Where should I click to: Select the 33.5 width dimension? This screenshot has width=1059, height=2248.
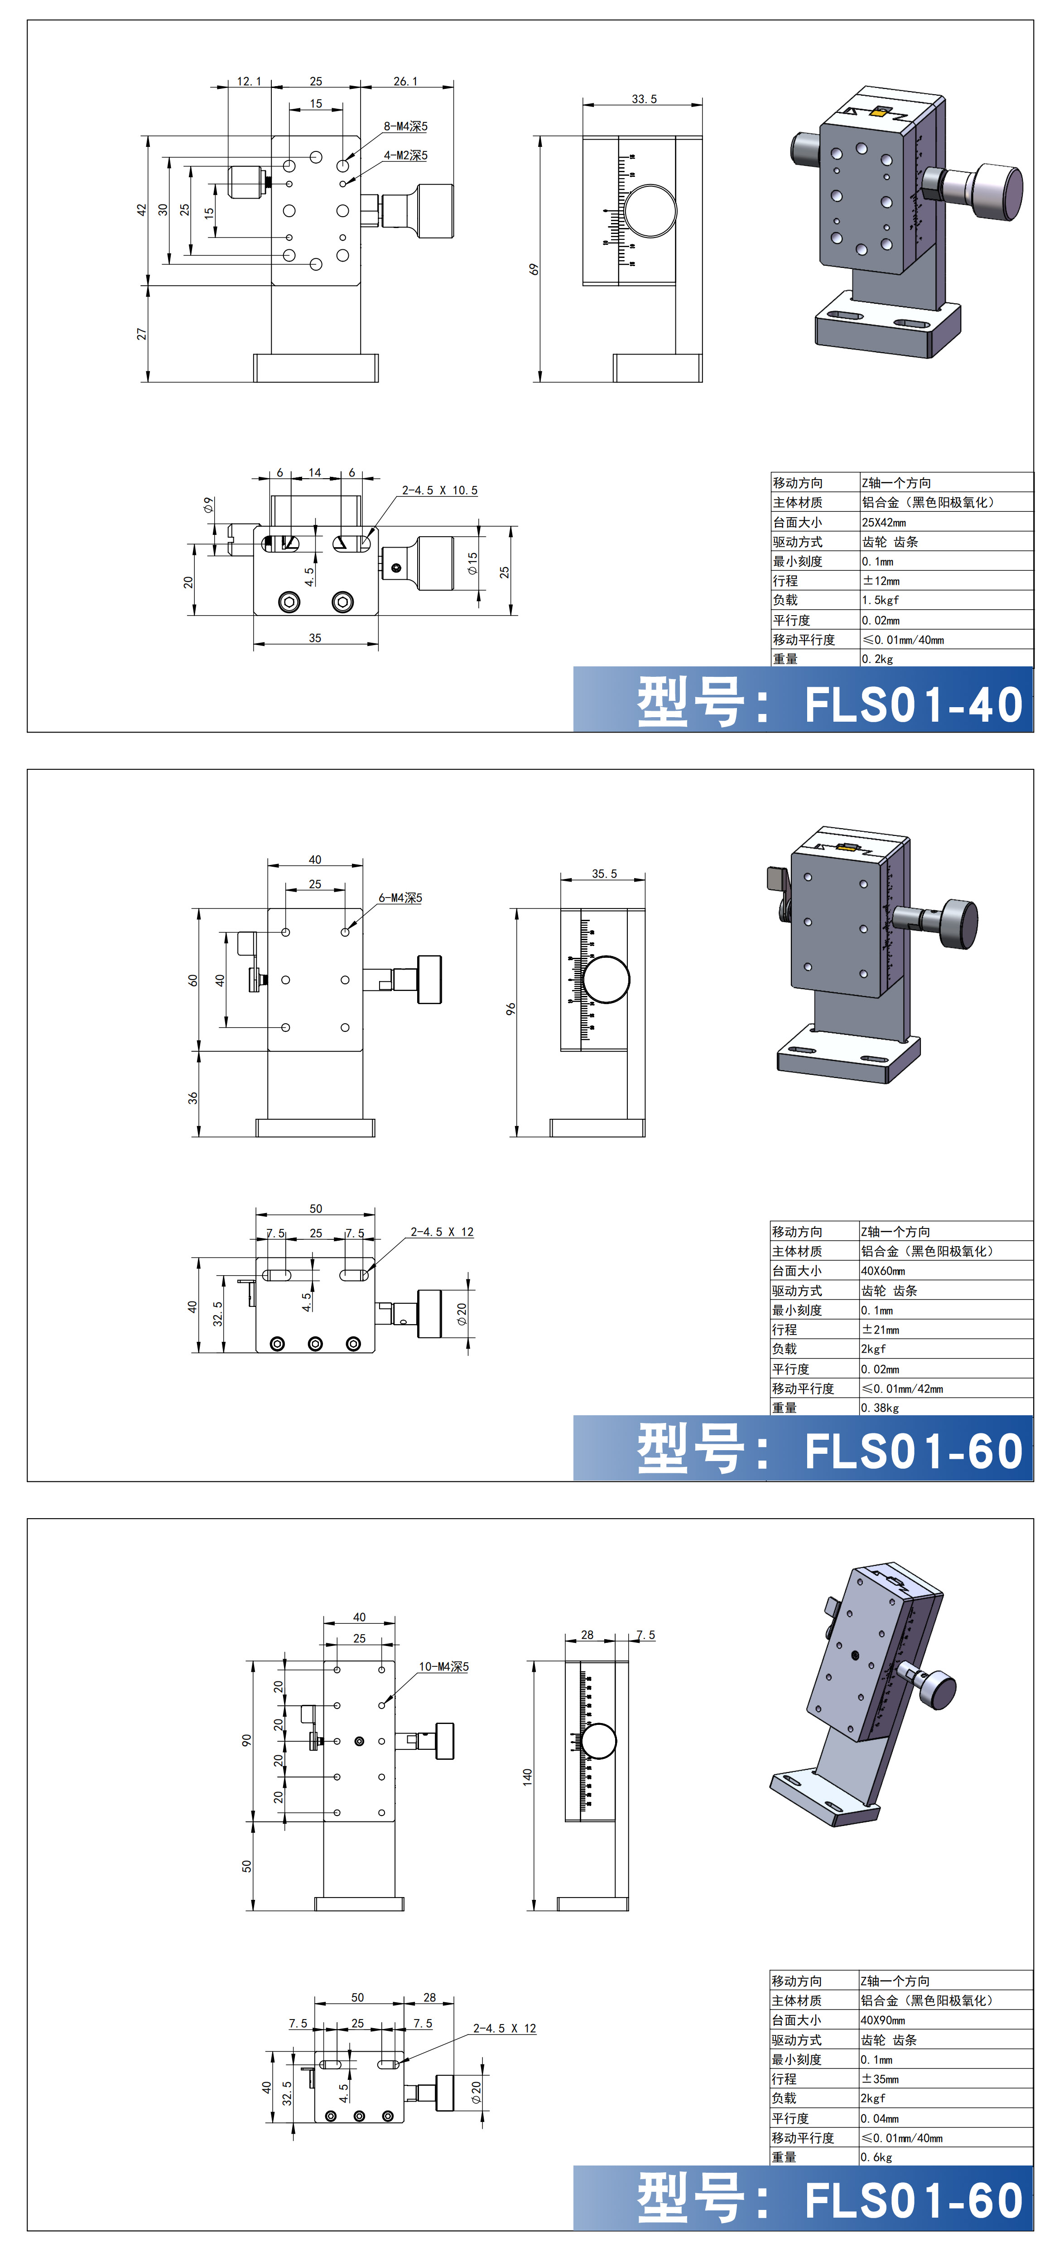(644, 99)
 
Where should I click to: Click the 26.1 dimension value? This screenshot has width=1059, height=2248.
(406, 81)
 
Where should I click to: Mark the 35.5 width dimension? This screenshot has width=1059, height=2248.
(604, 874)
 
